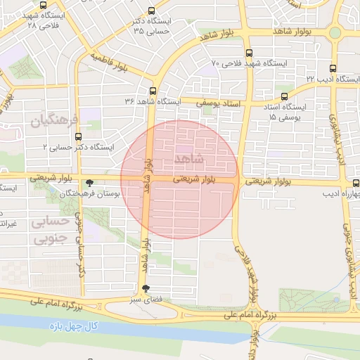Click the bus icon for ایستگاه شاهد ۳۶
153,91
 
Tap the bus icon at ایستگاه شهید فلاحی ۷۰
249,53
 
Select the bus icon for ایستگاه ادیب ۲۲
333,69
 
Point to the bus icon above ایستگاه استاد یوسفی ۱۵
284,96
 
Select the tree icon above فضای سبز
146,288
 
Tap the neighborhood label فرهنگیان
51,121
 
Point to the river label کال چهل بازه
73,328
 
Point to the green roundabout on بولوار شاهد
335,32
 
